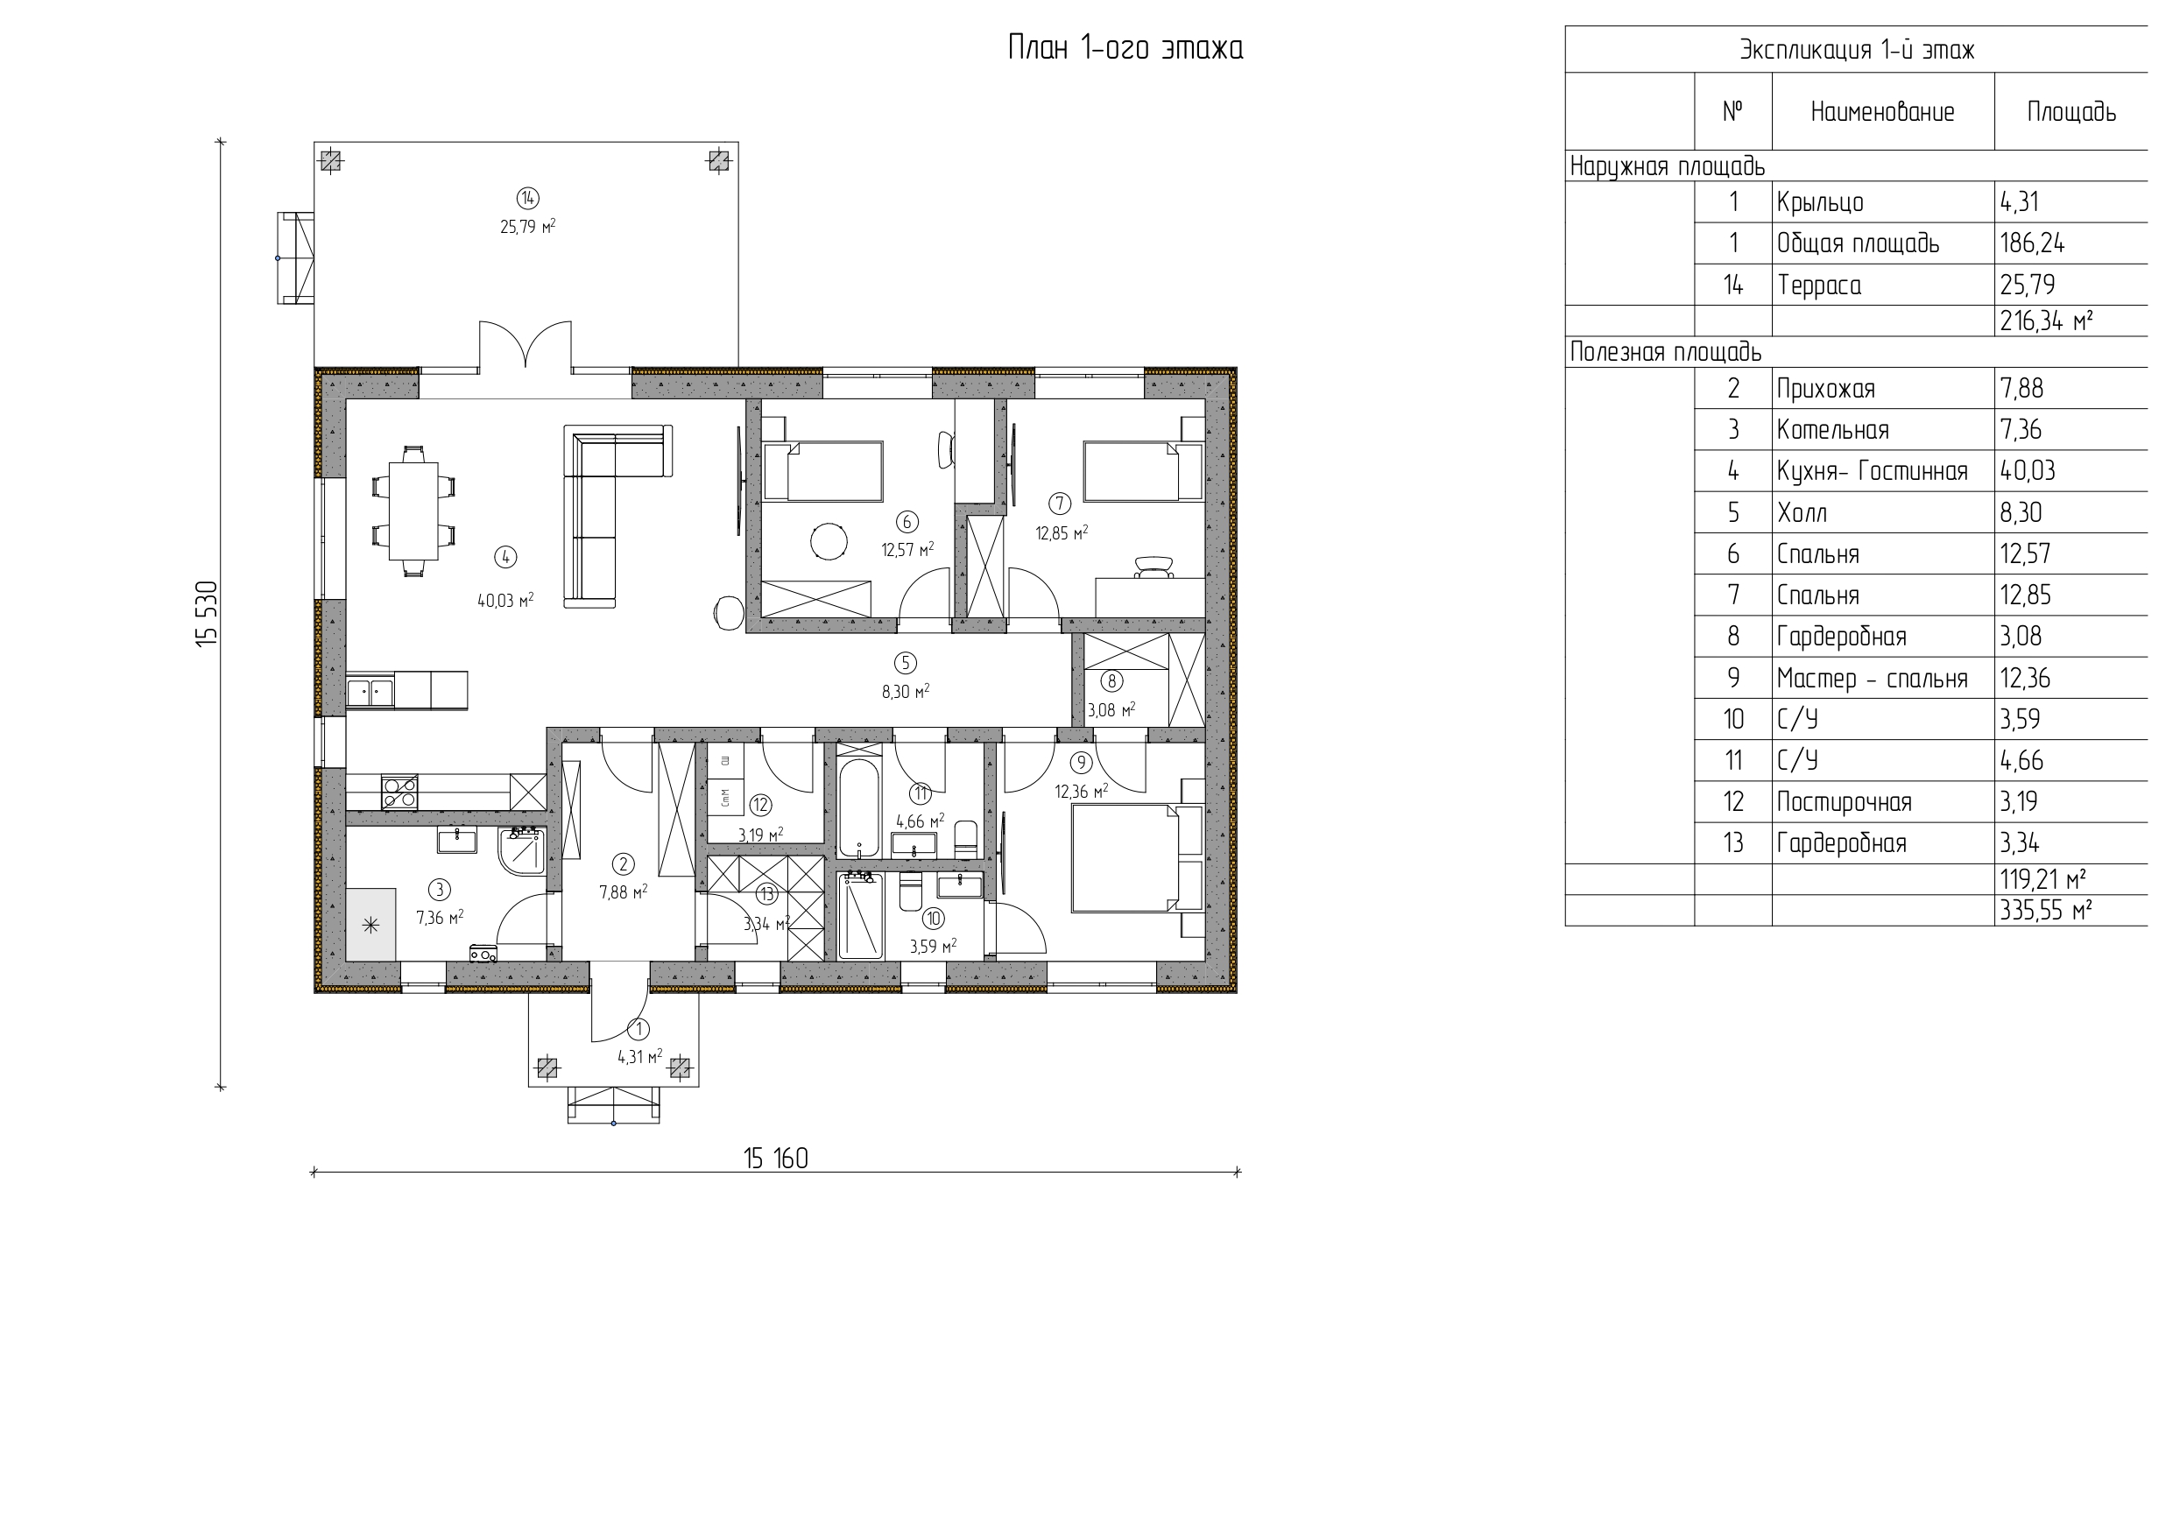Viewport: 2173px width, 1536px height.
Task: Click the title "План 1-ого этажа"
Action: pyautogui.click(x=1125, y=47)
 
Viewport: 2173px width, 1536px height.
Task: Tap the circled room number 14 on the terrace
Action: pyautogui.click(x=527, y=198)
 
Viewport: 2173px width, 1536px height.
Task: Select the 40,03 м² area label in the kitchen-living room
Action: pyautogui.click(x=505, y=600)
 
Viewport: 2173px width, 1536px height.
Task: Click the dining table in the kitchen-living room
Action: pyautogui.click(x=413, y=511)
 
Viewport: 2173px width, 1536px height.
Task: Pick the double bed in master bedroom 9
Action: pyautogui.click(x=1136, y=857)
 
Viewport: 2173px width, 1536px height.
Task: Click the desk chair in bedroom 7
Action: pyautogui.click(x=1153, y=566)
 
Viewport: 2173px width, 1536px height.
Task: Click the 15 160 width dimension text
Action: pyautogui.click(x=775, y=1159)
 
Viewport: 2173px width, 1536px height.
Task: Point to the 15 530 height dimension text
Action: pyautogui.click(x=208, y=613)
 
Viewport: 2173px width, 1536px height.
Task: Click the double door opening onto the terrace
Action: pyautogui.click(x=526, y=344)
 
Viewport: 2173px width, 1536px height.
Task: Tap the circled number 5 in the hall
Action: pyautogui.click(x=906, y=663)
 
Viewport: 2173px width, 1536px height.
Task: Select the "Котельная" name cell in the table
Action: pyautogui.click(x=1832, y=430)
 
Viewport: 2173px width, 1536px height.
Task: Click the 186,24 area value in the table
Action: pyautogui.click(x=2032, y=243)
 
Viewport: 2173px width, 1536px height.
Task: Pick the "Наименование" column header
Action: pyautogui.click(x=1882, y=112)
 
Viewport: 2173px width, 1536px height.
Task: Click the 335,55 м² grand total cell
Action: pyautogui.click(x=2045, y=911)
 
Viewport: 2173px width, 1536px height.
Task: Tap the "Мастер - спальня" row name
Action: pyautogui.click(x=1872, y=678)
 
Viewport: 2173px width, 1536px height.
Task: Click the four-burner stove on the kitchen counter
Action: pyautogui.click(x=399, y=791)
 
